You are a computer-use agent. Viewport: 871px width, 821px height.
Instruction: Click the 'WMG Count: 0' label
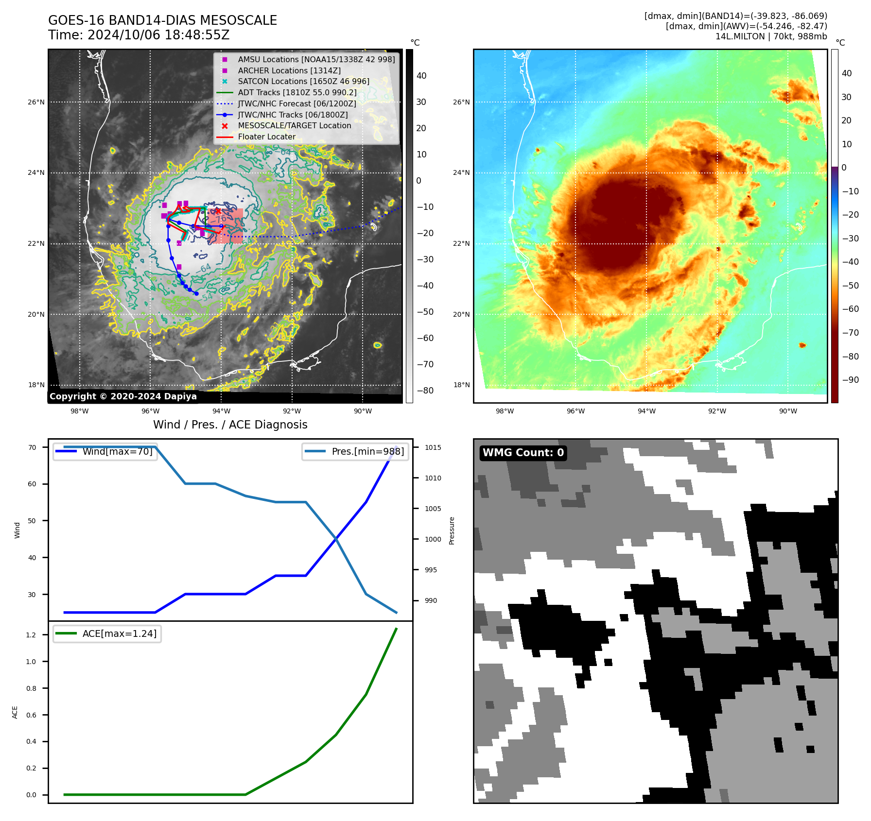tap(523, 453)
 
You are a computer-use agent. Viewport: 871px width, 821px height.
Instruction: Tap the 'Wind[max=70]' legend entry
tap(117, 451)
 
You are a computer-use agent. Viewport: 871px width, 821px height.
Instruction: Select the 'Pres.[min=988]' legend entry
tap(367, 451)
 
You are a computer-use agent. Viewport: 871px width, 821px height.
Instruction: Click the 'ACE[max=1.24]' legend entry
tap(119, 633)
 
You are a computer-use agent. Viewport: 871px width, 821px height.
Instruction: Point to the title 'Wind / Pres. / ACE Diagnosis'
tap(230, 425)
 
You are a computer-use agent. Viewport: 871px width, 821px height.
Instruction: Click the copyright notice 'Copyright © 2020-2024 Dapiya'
tap(123, 396)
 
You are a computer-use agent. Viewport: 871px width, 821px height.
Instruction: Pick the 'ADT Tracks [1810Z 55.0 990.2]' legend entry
tap(297, 92)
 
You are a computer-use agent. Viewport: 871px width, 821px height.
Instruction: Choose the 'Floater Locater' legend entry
tap(266, 137)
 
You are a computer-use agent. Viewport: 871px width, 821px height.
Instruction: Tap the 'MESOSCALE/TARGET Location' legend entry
tap(294, 125)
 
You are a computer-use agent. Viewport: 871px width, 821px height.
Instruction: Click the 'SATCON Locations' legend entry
tap(303, 81)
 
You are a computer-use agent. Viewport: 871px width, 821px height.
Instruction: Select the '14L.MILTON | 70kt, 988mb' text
tap(771, 36)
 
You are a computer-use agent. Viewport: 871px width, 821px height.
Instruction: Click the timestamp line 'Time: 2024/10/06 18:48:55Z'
tap(139, 35)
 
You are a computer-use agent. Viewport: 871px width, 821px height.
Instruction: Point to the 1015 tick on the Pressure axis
tap(433, 447)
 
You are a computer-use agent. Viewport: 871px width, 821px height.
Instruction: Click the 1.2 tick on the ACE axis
tap(31, 635)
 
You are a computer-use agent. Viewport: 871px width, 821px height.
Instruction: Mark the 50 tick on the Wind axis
tap(32, 521)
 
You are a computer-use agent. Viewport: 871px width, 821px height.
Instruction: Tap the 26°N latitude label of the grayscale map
tap(36, 102)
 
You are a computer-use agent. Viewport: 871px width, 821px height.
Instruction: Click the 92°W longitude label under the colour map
tap(717, 411)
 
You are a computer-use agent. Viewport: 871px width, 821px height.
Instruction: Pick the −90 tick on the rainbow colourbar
tap(850, 380)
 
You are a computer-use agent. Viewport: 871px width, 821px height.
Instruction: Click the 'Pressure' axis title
tap(452, 530)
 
